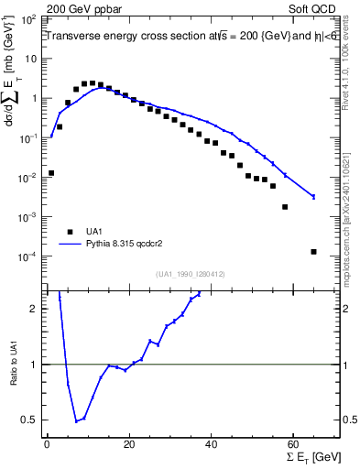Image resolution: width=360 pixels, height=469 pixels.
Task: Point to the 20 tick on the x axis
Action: (129, 442)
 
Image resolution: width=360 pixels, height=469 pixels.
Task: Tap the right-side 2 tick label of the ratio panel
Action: (346, 309)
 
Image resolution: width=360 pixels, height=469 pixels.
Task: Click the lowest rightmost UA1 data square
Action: (313, 252)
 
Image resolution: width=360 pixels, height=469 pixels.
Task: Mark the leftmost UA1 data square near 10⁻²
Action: (51, 172)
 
